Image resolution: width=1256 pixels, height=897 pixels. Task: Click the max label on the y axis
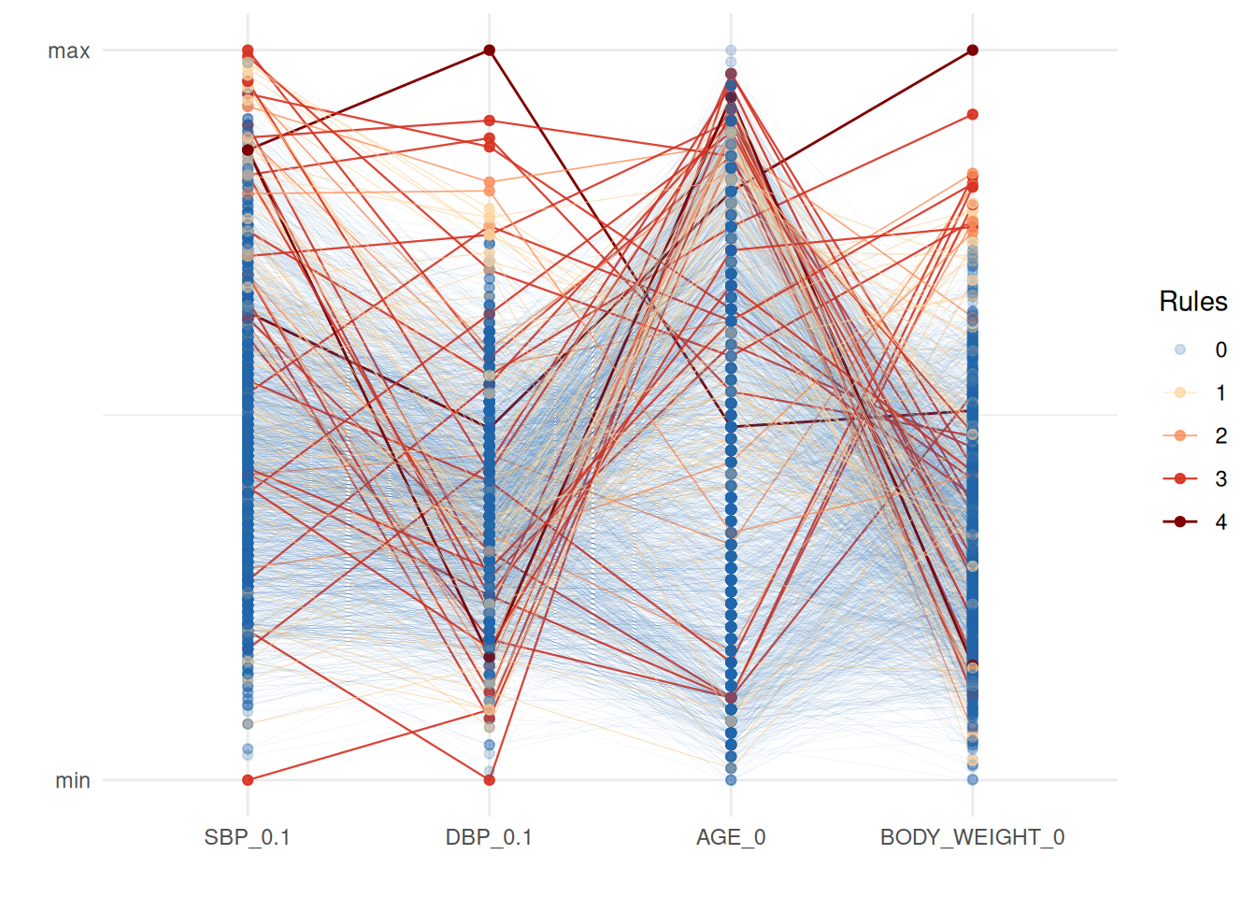coord(69,51)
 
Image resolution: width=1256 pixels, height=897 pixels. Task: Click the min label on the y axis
coord(72,781)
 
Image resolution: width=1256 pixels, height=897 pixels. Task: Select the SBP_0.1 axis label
coord(247,837)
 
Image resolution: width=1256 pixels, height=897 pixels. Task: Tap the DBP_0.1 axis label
coord(489,837)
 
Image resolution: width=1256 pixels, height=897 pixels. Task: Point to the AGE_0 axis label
coord(731,837)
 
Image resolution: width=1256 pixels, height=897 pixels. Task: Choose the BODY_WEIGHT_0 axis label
coord(972,837)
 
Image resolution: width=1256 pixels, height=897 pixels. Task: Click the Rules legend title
coord(1192,302)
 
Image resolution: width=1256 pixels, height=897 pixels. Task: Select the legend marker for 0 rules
coord(1180,349)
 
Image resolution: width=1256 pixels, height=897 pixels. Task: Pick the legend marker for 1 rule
coord(1180,392)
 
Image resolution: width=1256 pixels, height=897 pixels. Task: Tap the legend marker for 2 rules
coord(1180,435)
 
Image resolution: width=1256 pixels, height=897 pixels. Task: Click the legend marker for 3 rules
coord(1180,478)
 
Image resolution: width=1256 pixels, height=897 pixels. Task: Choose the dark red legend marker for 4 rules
coord(1180,521)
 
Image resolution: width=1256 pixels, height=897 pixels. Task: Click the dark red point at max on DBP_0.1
coord(489,50)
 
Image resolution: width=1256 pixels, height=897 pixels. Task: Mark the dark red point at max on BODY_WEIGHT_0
coord(973,50)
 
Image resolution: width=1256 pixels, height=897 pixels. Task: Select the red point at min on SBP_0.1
coord(248,779)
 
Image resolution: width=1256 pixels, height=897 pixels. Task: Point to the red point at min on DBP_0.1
coord(489,779)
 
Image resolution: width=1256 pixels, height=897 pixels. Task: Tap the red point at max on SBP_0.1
coord(248,50)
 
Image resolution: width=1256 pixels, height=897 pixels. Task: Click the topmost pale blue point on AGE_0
coord(731,50)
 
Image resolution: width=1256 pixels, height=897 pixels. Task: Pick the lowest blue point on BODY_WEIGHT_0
coord(973,779)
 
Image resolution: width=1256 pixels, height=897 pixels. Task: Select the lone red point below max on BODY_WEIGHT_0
coord(973,115)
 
